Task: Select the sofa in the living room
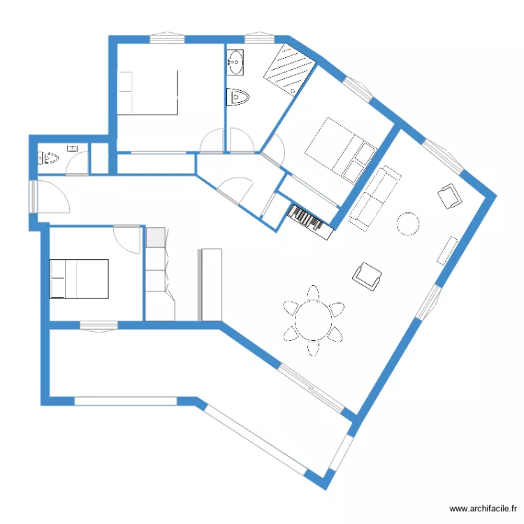(x=374, y=197)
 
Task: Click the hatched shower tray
(x=289, y=68)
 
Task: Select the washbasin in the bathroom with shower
(x=235, y=63)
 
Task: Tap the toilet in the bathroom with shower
(x=238, y=96)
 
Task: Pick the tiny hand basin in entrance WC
(x=71, y=147)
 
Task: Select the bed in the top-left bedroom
(x=147, y=92)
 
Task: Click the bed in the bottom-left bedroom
(x=79, y=278)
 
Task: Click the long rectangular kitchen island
(x=210, y=284)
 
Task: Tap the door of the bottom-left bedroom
(x=127, y=240)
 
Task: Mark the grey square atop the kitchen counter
(x=155, y=237)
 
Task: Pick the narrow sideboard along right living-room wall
(x=447, y=250)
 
